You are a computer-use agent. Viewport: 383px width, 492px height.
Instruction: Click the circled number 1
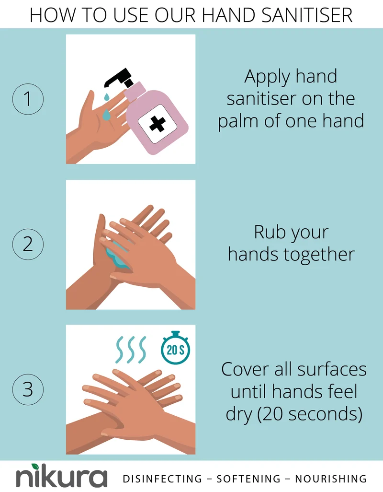(x=28, y=99)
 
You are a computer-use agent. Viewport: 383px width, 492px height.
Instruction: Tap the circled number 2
(x=28, y=244)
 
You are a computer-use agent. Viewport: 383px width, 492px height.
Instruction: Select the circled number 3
(x=28, y=389)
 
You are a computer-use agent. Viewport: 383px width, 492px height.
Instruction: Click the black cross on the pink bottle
(x=157, y=124)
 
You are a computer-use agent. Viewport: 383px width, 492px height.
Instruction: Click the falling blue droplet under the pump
(x=106, y=96)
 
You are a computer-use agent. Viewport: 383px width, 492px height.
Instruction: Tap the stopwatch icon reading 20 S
(x=175, y=348)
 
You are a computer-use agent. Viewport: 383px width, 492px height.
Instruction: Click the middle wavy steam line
(x=131, y=350)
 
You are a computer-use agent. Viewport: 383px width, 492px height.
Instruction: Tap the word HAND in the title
(x=228, y=15)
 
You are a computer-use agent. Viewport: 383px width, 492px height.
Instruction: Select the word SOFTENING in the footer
(x=248, y=479)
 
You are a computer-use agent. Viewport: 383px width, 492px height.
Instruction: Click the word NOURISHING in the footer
(x=331, y=479)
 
